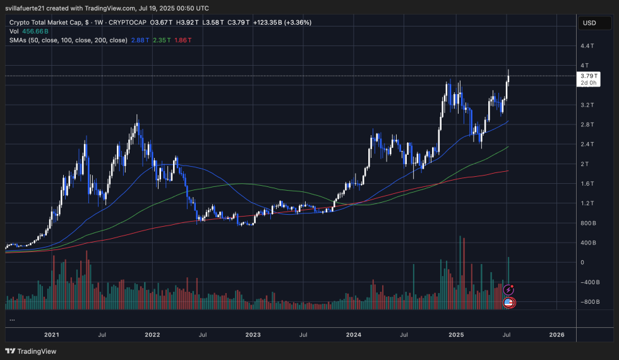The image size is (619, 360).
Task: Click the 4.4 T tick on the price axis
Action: click(x=587, y=46)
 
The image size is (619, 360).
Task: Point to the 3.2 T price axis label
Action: click(x=587, y=105)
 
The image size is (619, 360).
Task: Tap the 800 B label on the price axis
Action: click(x=588, y=223)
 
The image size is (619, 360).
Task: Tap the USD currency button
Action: click(x=589, y=23)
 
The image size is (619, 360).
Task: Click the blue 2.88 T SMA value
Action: click(x=141, y=40)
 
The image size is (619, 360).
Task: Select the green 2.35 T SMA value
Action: click(x=162, y=40)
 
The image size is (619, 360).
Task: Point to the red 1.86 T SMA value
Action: click(x=183, y=40)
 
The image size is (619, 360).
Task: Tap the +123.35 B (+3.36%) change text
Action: click(x=282, y=22)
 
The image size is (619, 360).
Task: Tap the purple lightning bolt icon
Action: click(x=508, y=289)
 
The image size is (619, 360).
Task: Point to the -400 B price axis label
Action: click(x=588, y=282)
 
